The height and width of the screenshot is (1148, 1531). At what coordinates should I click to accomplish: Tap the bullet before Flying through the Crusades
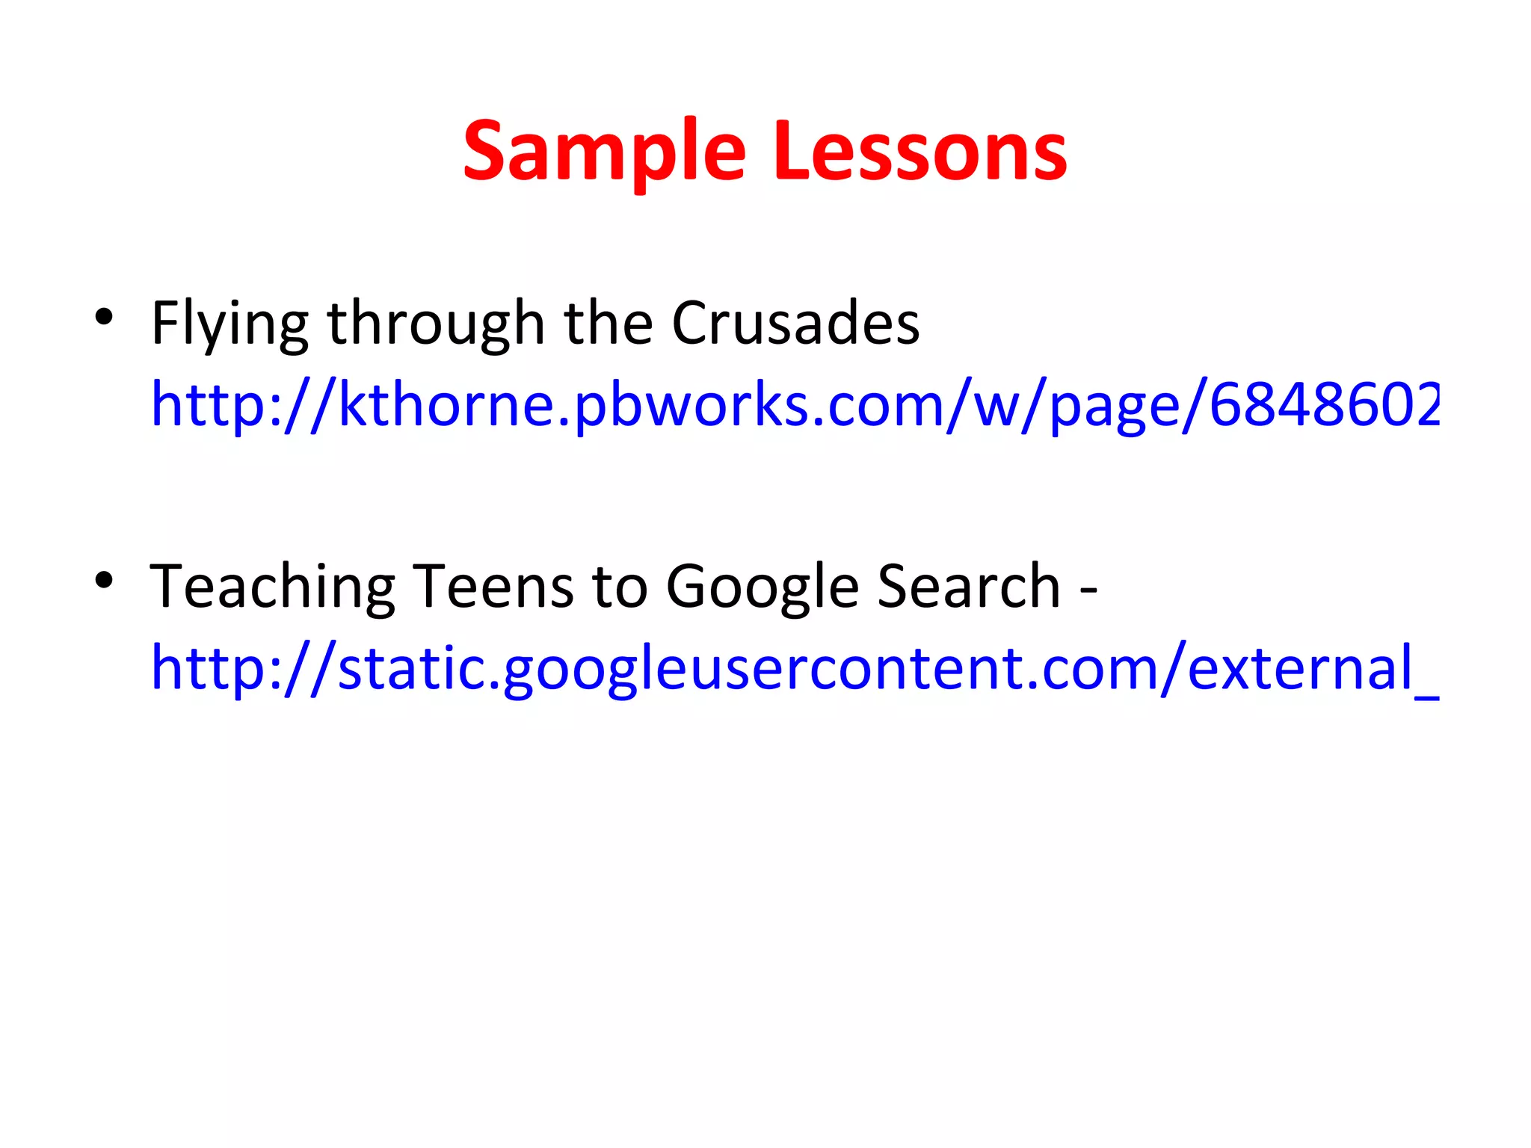click(104, 317)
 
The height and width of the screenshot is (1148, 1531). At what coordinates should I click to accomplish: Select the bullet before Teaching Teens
click(104, 580)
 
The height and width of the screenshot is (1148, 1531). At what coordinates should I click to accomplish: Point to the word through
click(436, 324)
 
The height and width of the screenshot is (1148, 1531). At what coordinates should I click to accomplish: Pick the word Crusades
click(795, 323)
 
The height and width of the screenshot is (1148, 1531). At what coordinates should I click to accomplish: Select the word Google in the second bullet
click(763, 587)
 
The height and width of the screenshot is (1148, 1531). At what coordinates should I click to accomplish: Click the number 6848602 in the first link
click(1324, 404)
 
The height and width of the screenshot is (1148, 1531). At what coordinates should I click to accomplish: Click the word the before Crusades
click(609, 323)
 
